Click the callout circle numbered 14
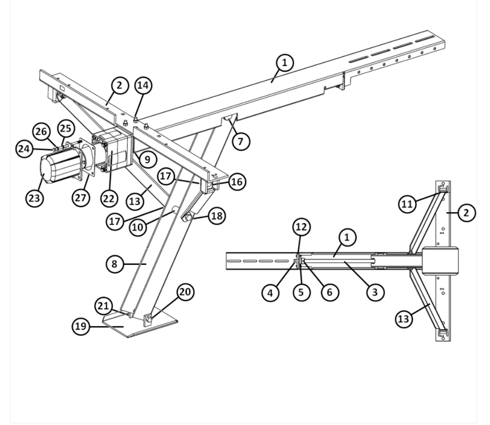(x=143, y=85)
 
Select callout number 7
(x=240, y=141)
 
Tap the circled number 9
(x=148, y=160)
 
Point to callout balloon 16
(x=237, y=182)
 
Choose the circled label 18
(x=217, y=215)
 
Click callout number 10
(x=138, y=227)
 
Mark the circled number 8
(x=114, y=264)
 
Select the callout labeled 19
(x=81, y=326)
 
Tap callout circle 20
(x=185, y=292)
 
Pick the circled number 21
(x=104, y=306)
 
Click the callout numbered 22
(x=109, y=198)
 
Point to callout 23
(x=34, y=198)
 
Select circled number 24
(x=24, y=149)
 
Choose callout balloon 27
(x=81, y=198)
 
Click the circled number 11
(x=407, y=204)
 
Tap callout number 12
(x=301, y=227)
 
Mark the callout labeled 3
(x=374, y=292)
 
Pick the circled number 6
(x=329, y=292)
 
